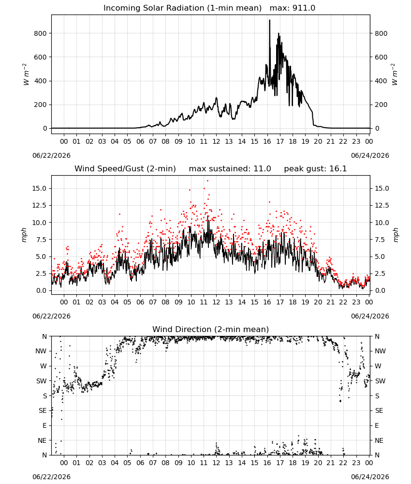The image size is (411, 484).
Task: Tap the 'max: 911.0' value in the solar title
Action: (x=293, y=8)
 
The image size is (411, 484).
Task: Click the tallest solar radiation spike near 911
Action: (x=269, y=20)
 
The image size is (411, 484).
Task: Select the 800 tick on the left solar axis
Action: (x=41, y=33)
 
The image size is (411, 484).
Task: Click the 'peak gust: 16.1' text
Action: (x=315, y=169)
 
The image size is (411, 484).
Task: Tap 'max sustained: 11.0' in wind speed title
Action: (x=230, y=169)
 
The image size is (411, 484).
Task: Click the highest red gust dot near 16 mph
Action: (x=207, y=181)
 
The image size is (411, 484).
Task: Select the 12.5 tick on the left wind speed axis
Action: (x=40, y=205)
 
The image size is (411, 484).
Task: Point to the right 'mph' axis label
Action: (x=396, y=235)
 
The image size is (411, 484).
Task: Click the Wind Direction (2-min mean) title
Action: (x=211, y=329)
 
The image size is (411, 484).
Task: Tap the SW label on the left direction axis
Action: (x=42, y=381)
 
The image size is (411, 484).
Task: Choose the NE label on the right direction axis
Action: (x=379, y=440)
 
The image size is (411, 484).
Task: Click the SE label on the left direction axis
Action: (x=43, y=410)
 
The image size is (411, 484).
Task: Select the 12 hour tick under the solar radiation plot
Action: (x=216, y=141)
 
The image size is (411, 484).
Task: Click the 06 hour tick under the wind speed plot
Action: (x=140, y=302)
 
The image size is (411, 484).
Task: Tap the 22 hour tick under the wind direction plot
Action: (x=343, y=463)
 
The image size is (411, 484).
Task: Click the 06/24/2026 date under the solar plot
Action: (x=370, y=155)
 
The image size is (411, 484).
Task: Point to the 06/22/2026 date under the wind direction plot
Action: (x=51, y=477)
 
